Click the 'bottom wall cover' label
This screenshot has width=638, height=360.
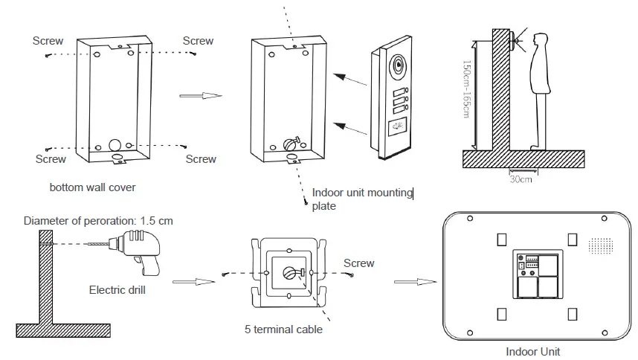92,187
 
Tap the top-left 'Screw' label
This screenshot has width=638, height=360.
48,41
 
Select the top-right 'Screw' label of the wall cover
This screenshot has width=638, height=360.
198,41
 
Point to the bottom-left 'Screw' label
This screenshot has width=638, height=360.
51,158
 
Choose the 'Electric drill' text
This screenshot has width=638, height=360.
117,290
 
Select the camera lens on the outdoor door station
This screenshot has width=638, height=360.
398,66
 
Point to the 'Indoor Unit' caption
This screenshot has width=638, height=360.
532,351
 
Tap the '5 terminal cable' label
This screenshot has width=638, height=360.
284,328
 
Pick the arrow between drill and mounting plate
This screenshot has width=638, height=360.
189,282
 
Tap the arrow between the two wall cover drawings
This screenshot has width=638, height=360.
202,96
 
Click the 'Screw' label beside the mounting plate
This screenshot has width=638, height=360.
358,263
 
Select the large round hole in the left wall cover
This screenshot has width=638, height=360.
116,144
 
